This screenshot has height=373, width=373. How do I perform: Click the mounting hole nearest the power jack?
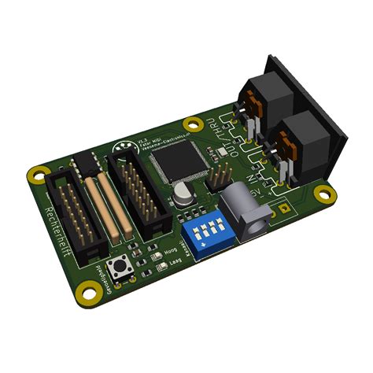(x=320, y=193)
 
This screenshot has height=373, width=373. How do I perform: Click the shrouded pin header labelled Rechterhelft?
(x=75, y=216)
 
